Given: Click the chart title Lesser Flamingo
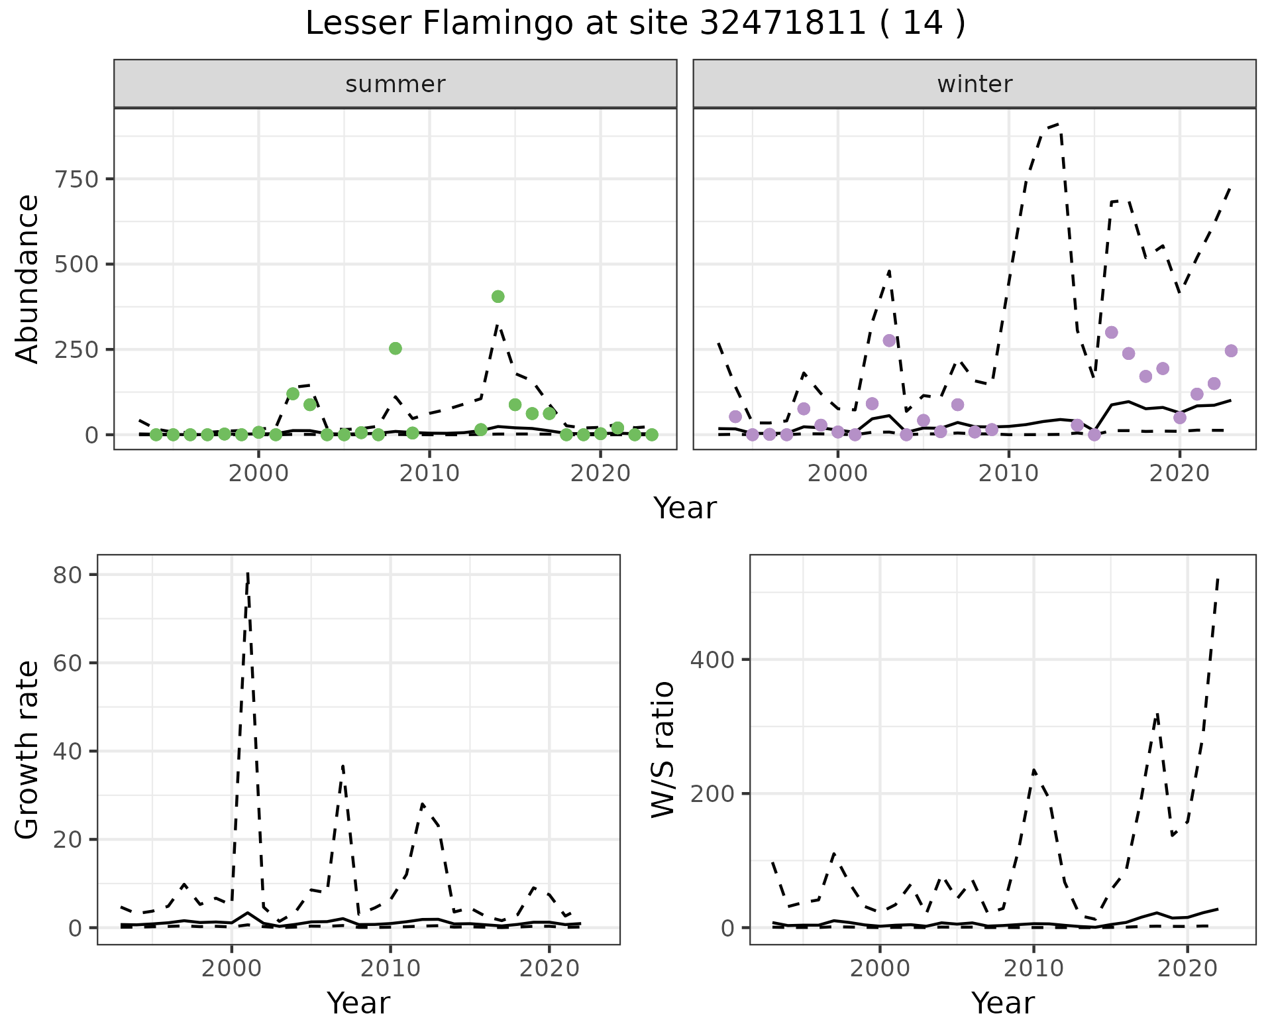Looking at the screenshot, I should coord(635,24).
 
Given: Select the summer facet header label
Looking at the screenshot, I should coord(396,84).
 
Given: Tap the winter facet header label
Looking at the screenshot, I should coord(975,84).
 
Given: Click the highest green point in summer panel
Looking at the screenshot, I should coord(498,296).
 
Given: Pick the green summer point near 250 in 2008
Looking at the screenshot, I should coord(396,349).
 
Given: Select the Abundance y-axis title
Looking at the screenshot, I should coord(28,278).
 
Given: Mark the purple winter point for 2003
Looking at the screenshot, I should coord(889,341).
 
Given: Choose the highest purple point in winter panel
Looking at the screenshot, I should coord(1112,332).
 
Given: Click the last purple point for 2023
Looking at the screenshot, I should coord(1231,351).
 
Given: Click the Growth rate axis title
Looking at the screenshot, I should coord(28,750).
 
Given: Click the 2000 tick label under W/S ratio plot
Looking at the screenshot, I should coord(880,968).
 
